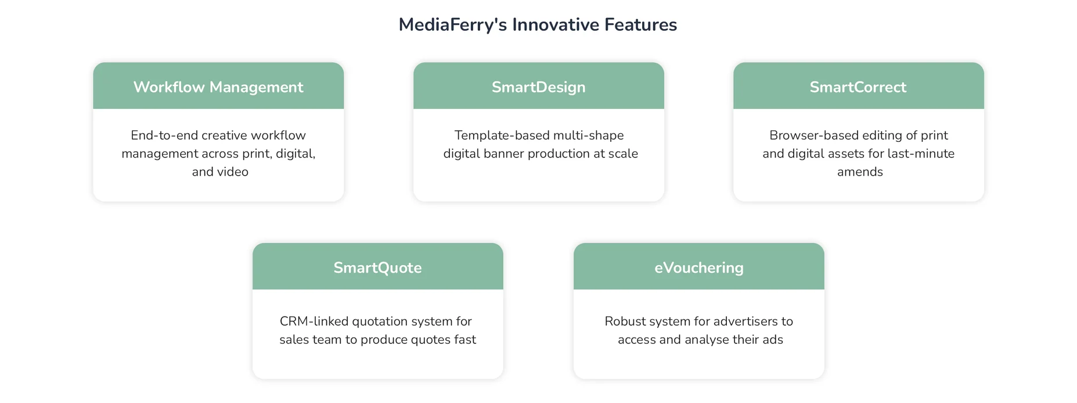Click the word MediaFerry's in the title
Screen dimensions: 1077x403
click(453, 25)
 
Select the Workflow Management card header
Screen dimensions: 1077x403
click(218, 86)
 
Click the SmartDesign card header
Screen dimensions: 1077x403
click(539, 86)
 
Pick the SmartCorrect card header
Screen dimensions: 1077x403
click(859, 86)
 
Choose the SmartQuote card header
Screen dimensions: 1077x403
click(378, 266)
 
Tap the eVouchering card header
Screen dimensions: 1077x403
click(699, 266)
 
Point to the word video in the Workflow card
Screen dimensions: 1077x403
click(233, 172)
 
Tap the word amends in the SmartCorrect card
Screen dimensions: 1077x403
click(860, 172)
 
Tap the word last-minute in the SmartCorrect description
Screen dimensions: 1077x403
click(921, 154)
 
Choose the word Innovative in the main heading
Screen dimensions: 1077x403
click(556, 25)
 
